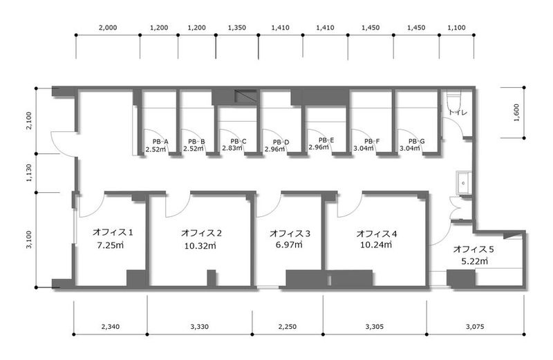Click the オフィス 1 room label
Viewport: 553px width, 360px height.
pos(113,232)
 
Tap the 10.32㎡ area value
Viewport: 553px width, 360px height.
pos(200,245)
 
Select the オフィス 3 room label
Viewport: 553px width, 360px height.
pos(290,234)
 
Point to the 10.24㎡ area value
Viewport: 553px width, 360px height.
pos(376,245)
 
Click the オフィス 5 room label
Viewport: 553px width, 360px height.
pos(474,249)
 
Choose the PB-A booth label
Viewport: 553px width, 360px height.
pos(160,142)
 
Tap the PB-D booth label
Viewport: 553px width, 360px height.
pos(281,142)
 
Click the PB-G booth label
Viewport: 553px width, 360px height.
pos(417,142)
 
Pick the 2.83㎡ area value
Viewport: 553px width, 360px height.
pos(232,148)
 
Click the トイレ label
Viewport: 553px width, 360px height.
pos(458,112)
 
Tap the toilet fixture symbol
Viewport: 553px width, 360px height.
pos(454,102)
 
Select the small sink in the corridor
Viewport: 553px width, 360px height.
pos(463,183)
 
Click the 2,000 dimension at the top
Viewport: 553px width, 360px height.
pos(108,28)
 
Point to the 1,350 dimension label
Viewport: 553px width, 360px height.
pos(237,28)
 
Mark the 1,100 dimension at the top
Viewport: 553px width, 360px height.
pos(457,28)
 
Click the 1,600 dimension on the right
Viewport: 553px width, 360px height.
pos(516,113)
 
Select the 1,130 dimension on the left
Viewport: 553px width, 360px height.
pos(29,173)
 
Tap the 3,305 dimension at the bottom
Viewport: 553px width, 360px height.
pos(374,327)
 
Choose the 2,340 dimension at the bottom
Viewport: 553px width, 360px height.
pos(111,327)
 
